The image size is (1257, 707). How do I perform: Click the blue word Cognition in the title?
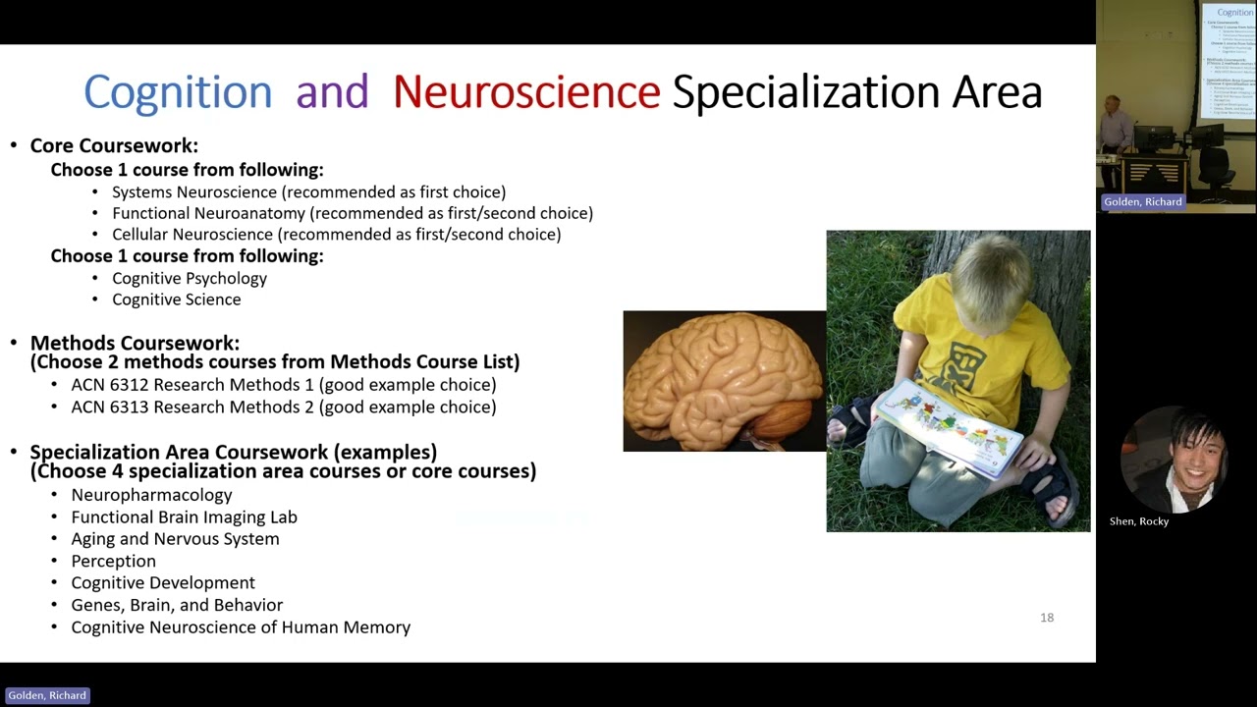[x=177, y=92]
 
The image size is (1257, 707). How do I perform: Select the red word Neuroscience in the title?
[x=526, y=92]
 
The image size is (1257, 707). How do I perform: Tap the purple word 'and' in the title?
[x=332, y=92]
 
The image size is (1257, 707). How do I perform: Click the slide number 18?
[x=1047, y=618]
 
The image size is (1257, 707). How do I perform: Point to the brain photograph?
[x=724, y=381]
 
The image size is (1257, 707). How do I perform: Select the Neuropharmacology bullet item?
[x=151, y=495]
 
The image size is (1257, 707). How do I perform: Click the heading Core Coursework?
[x=114, y=145]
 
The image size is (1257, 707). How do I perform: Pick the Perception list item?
[x=113, y=561]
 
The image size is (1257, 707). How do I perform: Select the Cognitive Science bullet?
[x=176, y=299]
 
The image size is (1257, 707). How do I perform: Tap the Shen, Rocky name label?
[x=1139, y=521]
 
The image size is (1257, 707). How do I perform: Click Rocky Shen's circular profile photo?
[x=1174, y=460]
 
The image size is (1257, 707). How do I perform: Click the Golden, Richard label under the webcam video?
[x=1142, y=202]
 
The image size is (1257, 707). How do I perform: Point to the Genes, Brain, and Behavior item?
[x=177, y=605]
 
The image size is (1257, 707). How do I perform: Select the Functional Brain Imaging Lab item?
[x=184, y=517]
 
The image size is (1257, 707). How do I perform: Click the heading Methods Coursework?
[x=135, y=343]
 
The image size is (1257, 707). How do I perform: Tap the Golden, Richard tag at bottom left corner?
[x=47, y=695]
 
